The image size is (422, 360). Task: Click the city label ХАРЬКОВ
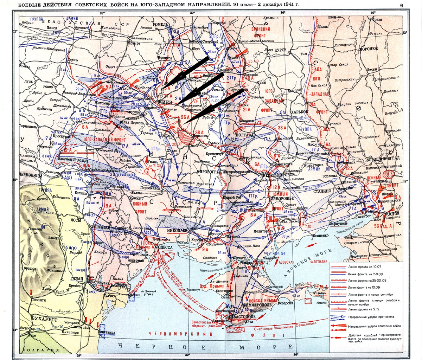point(299,111)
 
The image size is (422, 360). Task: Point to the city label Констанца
point(107,332)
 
